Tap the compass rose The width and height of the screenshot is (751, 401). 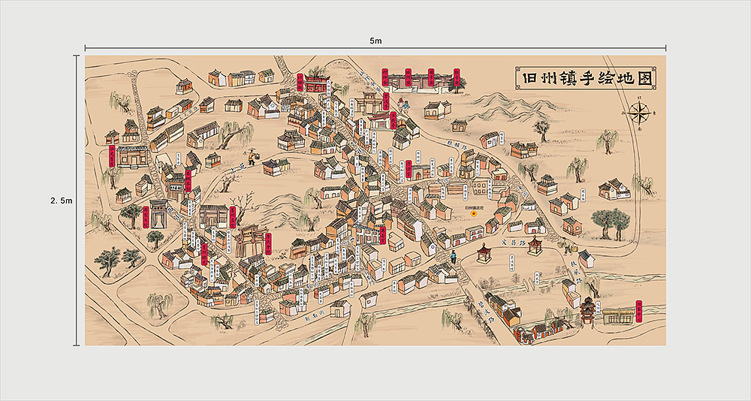(640, 113)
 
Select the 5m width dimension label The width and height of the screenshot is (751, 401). (375, 40)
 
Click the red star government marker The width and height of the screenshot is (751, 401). (474, 213)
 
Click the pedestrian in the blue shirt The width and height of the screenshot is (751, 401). (453, 258)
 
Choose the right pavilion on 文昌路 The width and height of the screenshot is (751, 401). (535, 245)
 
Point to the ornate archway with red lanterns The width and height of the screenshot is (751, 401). (248, 240)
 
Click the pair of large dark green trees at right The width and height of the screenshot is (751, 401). (609, 222)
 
